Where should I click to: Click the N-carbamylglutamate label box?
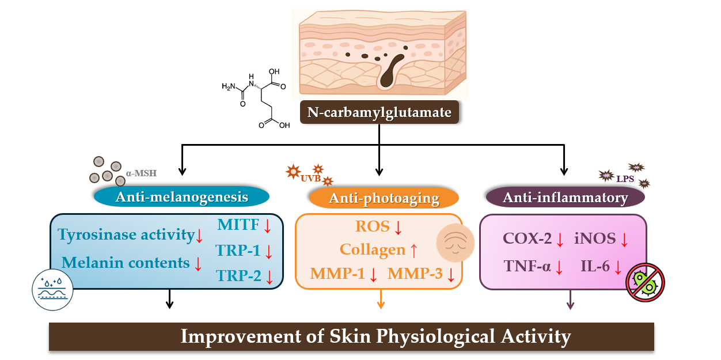tap(379, 112)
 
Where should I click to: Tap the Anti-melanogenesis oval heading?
tap(181, 197)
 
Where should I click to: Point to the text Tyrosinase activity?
tap(126, 234)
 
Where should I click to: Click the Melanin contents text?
tap(126, 263)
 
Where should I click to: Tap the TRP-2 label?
tap(238, 275)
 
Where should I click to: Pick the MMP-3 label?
tap(415, 274)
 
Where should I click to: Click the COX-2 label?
tap(527, 239)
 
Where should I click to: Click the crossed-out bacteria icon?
tap(646, 282)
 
